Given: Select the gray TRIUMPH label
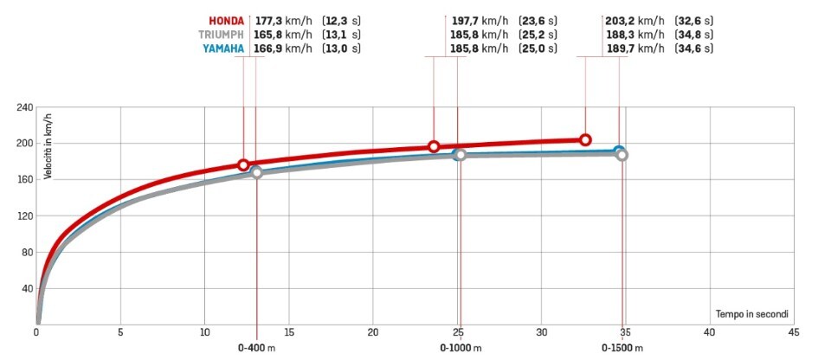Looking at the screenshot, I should [x=222, y=35].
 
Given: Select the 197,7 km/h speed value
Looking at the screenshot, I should [x=480, y=20].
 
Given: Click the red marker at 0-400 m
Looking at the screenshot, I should [x=243, y=164].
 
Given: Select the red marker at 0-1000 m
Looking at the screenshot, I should [x=434, y=146].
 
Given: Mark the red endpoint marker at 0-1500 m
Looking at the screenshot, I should [x=585, y=139].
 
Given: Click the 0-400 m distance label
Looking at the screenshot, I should [x=258, y=348].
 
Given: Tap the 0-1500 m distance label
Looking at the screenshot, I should [x=622, y=348].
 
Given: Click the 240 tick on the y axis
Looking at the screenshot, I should [x=23, y=107].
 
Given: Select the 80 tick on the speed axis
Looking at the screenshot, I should [x=26, y=252].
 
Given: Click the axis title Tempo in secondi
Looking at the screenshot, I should [x=751, y=313].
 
